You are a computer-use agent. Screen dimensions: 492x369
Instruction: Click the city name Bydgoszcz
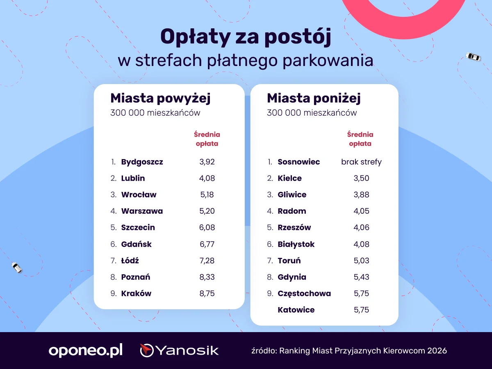click(142, 162)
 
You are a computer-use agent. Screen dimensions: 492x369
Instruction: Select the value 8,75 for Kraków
click(207, 294)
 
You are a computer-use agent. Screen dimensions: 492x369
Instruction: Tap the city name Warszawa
click(142, 211)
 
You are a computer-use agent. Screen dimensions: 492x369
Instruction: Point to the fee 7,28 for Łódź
click(207, 261)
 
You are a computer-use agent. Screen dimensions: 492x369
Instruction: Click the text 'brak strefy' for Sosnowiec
click(361, 162)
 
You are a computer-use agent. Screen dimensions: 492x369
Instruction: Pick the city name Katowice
click(296, 310)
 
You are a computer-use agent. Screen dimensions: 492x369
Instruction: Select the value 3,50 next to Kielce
click(361, 178)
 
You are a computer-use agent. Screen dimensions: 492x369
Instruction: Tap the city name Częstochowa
click(304, 294)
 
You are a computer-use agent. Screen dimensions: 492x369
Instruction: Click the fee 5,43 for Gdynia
click(361, 277)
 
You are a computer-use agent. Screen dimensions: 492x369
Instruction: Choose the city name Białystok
click(296, 244)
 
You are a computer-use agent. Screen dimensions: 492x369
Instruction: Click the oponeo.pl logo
click(86, 351)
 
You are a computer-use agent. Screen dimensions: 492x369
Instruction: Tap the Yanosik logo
click(179, 351)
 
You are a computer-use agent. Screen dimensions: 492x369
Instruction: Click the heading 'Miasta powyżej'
click(160, 98)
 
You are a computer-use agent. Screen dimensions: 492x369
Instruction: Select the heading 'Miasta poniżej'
click(314, 98)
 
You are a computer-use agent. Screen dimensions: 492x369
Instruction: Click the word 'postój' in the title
click(298, 37)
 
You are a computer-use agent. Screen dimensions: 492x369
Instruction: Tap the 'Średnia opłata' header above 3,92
click(207, 139)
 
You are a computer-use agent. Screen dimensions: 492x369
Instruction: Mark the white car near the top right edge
click(473, 57)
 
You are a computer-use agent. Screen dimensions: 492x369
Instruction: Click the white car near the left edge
click(17, 268)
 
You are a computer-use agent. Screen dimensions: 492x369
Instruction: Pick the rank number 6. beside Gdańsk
click(114, 244)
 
